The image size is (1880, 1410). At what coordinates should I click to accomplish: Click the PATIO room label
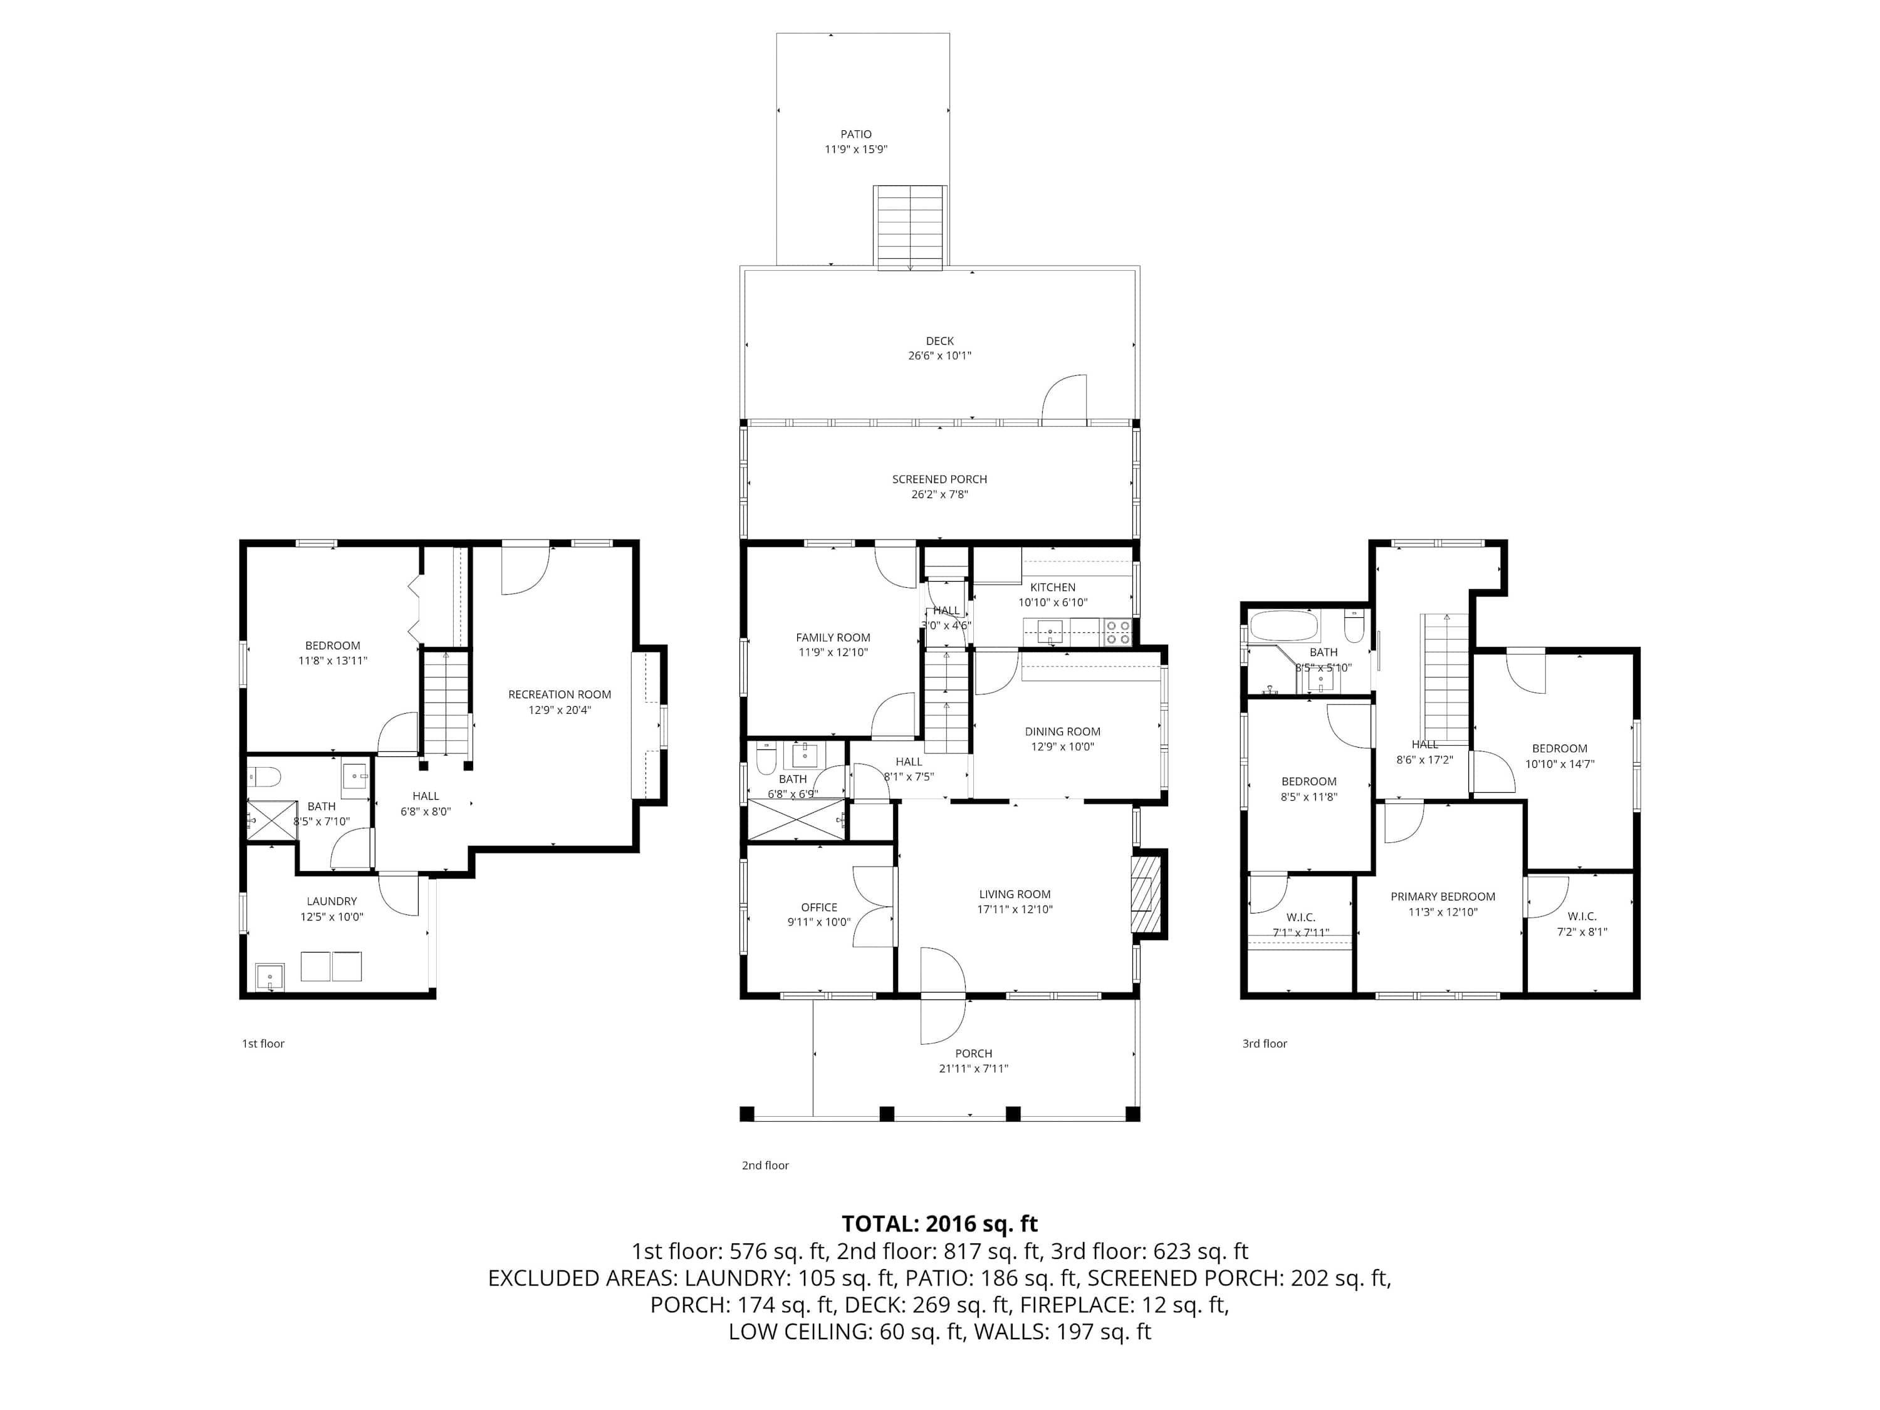click(x=856, y=134)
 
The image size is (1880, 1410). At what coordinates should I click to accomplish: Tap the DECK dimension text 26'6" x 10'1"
click(x=939, y=356)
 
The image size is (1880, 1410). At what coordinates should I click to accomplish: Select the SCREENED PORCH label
click(x=939, y=479)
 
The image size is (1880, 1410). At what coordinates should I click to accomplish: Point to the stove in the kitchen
click(x=1117, y=632)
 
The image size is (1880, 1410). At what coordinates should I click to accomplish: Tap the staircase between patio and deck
click(x=911, y=227)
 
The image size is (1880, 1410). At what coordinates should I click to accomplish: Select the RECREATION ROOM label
click(x=559, y=694)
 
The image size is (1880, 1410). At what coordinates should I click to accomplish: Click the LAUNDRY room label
click(x=332, y=901)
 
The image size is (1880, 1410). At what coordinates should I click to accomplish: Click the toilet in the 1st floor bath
click(x=264, y=776)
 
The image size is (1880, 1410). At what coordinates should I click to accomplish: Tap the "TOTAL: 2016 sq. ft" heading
click(x=939, y=1223)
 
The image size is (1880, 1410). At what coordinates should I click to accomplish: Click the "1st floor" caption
click(x=263, y=1043)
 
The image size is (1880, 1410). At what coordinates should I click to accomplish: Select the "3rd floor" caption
click(x=1265, y=1043)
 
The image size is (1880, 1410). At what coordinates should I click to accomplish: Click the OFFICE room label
click(x=818, y=907)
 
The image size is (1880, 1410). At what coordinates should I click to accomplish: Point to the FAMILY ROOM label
click(x=833, y=637)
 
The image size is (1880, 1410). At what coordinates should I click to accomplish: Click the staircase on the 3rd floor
click(x=1446, y=678)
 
